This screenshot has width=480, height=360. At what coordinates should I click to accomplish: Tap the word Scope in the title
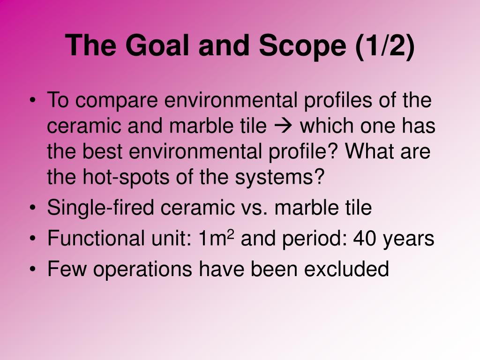tap(302, 46)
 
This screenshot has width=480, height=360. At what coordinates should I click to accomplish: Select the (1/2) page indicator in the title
tap(385, 46)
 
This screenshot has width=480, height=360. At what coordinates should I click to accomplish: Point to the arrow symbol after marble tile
tap(284, 126)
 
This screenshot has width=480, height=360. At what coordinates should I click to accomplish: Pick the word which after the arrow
tap(327, 126)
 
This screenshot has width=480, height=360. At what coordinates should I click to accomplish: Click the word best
tap(103, 151)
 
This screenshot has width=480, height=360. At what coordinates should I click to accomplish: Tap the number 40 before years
tap(364, 238)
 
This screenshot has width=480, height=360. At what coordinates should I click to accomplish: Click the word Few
tap(67, 269)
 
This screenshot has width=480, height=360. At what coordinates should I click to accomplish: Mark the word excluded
tap(346, 269)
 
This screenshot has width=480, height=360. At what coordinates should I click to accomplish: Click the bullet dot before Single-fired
tap(33, 208)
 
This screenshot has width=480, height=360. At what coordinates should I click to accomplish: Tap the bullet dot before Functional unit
tap(33, 239)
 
